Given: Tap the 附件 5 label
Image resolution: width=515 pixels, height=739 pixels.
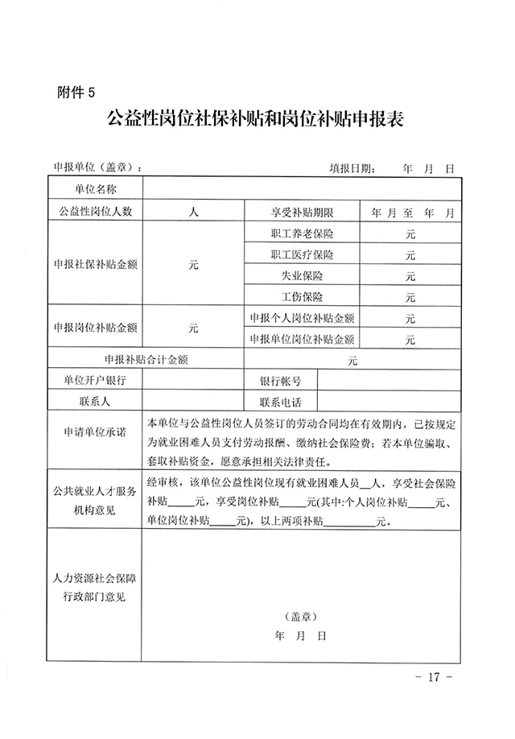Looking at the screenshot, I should pos(76,91).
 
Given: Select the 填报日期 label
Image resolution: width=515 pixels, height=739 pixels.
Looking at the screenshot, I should pos(351,169).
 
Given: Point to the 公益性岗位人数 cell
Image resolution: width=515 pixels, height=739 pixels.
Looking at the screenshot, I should pos(96,213).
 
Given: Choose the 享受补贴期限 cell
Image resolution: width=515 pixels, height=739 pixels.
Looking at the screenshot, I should pos(303,213).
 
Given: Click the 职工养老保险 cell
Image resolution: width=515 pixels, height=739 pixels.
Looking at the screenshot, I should pos(303,234).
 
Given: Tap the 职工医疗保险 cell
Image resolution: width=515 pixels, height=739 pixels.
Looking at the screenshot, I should pos(303,255).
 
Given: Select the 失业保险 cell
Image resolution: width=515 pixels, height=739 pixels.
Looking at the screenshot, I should pos(303,276).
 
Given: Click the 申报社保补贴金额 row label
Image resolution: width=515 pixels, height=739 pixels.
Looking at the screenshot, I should pos(96,265).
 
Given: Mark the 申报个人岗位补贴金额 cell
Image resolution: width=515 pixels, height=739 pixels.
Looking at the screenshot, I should pos(303,318).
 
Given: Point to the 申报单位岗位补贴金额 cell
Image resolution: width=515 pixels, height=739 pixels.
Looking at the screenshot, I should pos(303,339).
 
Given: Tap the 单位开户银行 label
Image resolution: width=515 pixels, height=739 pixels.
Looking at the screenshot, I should pos(96,380).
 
